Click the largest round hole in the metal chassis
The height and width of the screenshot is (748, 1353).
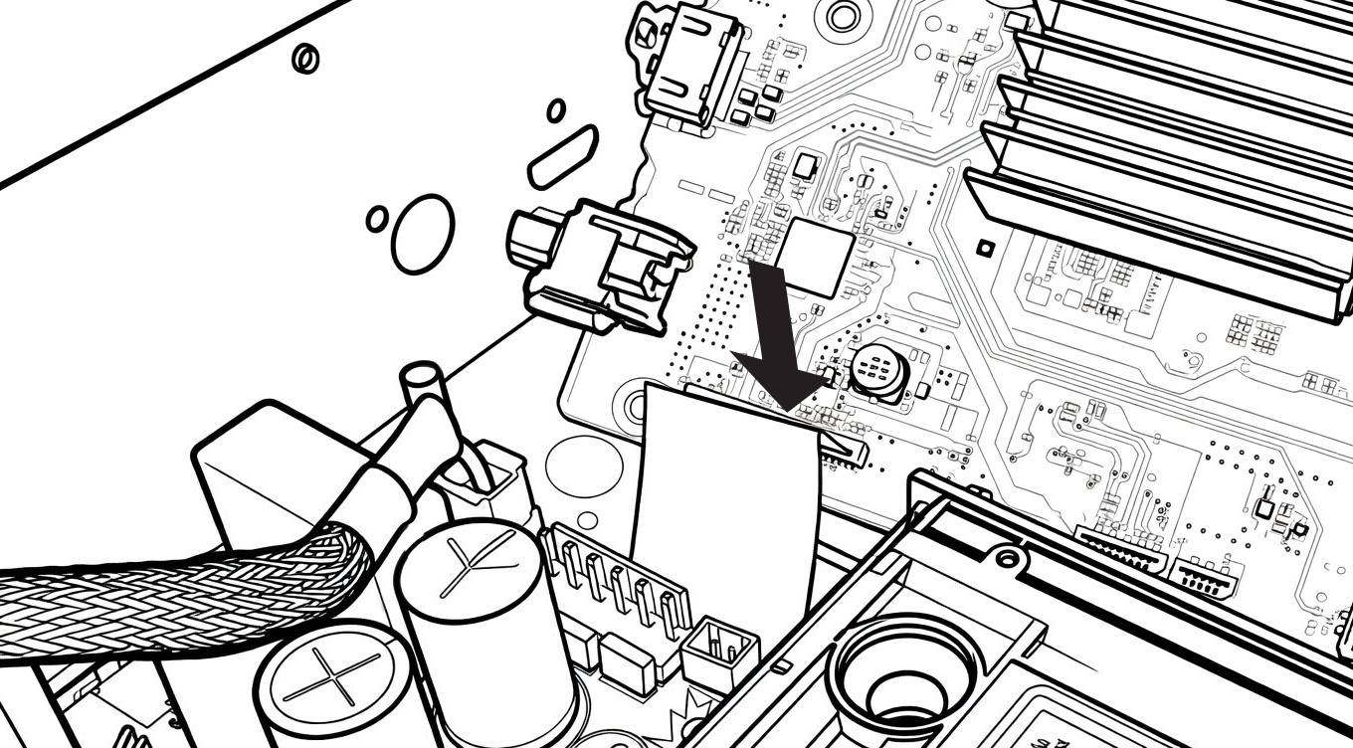[x=422, y=234]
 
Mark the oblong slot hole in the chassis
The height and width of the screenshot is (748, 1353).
[x=563, y=156]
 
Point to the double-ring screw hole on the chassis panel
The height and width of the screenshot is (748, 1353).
[x=305, y=59]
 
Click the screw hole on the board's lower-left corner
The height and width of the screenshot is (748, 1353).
[x=633, y=405]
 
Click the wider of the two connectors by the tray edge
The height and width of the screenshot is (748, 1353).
[x=1119, y=550]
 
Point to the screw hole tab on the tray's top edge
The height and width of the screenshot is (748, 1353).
[x=1007, y=558]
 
